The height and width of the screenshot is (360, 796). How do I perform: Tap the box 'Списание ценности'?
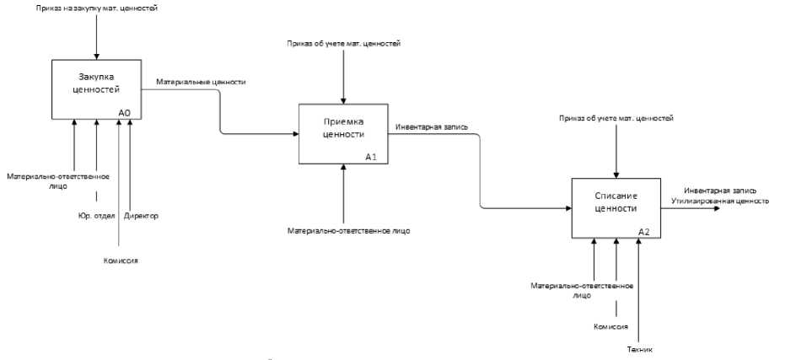[614, 206]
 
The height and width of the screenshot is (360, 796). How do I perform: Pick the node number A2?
[643, 232]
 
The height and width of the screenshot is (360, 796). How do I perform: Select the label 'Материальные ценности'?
[201, 82]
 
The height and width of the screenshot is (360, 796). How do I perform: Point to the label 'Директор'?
[141, 216]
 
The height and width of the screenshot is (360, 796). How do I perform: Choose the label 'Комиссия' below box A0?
[121, 261]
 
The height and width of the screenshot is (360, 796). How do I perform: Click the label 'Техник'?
[641, 349]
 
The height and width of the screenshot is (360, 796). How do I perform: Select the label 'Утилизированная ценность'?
[720, 201]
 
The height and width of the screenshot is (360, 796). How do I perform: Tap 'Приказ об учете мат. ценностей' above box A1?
[343, 43]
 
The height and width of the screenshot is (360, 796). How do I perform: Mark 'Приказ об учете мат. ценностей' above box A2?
[616, 118]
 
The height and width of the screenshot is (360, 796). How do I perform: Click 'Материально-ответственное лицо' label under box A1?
[344, 229]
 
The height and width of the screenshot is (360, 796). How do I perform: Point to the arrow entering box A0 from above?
[97, 56]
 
